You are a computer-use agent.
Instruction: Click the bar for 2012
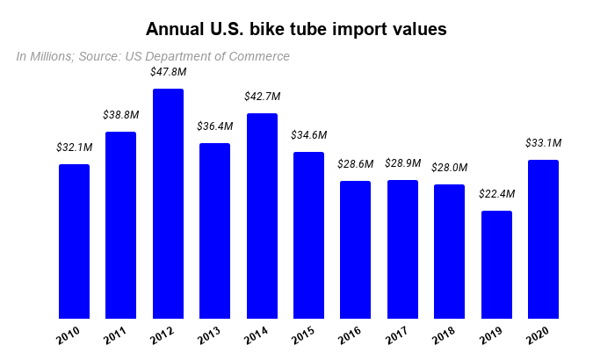point(168,204)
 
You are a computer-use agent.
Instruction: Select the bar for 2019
point(496,264)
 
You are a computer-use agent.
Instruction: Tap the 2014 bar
point(262,216)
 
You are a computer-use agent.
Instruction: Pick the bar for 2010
point(74,241)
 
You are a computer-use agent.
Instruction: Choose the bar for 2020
point(543,239)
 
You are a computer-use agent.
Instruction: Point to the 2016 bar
point(355,249)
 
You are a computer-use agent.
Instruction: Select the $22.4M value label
point(496,194)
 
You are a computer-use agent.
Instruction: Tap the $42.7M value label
point(262,97)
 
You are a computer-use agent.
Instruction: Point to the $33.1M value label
point(543,143)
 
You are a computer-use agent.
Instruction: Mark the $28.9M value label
point(402,163)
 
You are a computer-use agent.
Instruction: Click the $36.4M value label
point(214,126)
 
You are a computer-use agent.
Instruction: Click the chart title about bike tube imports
point(296,29)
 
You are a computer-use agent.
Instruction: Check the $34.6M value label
point(308,135)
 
